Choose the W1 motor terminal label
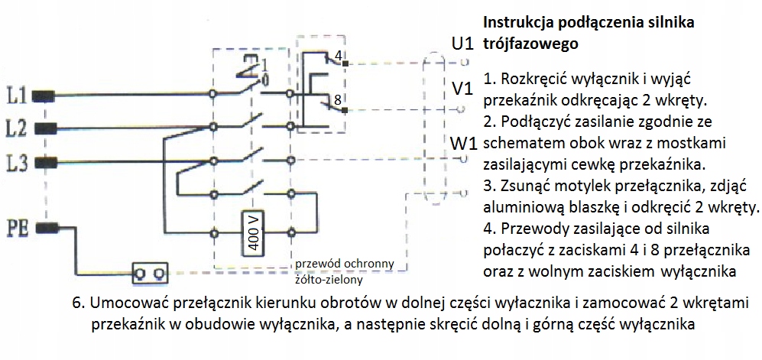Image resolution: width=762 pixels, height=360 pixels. [x=465, y=143]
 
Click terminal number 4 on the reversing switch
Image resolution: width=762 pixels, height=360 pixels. [x=338, y=55]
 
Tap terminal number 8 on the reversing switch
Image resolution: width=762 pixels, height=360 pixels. [x=337, y=99]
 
